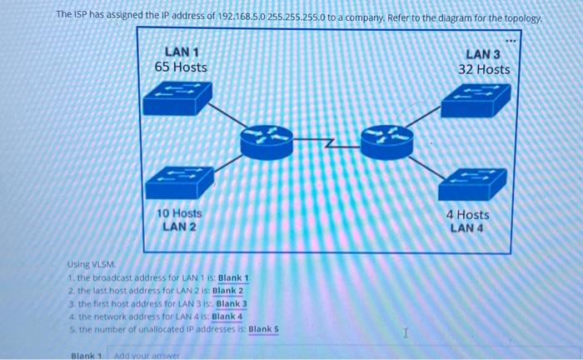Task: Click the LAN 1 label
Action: point(181,52)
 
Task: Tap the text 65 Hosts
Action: point(181,67)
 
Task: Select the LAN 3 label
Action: point(483,54)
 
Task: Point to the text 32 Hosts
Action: point(483,69)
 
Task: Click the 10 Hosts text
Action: point(179,213)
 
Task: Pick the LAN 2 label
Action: point(179,227)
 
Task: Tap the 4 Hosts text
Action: point(467,214)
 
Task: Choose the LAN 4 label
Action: point(467,227)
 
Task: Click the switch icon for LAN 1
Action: point(177,99)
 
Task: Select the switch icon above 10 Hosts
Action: point(177,181)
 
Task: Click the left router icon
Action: point(267,139)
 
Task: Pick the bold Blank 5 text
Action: point(264,328)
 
